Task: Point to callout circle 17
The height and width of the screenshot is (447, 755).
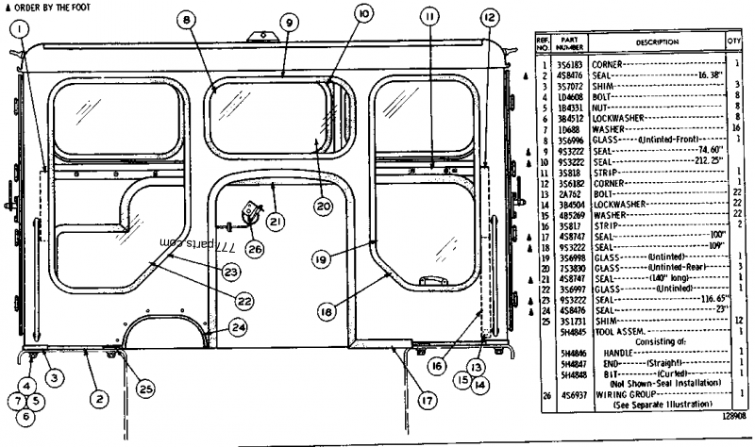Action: [427, 400]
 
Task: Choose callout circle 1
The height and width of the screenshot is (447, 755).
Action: [16, 28]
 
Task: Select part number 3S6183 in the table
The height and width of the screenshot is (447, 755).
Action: [569, 62]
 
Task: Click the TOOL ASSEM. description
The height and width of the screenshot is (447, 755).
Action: [615, 331]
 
